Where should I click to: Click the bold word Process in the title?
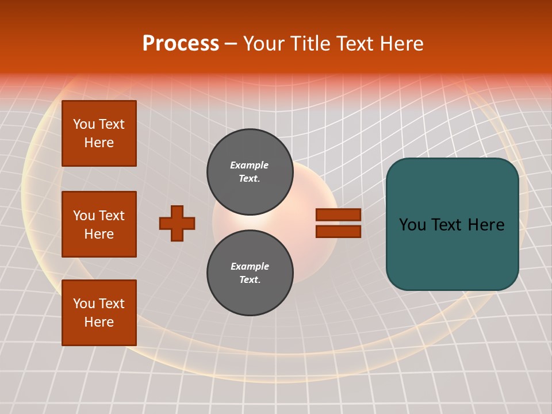click(181, 44)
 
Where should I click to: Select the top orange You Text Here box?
click(99, 133)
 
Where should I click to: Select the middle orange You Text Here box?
click(99, 224)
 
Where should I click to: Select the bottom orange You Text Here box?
click(99, 313)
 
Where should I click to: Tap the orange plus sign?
click(177, 223)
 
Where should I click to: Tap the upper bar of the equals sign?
click(338, 214)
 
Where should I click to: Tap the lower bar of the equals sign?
click(338, 231)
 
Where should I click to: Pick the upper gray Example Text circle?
click(250, 171)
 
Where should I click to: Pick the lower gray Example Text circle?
click(250, 273)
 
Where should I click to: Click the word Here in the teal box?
click(486, 225)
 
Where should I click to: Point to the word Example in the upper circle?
click(249, 165)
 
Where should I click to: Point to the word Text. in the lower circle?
click(250, 279)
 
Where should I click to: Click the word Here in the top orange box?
click(99, 143)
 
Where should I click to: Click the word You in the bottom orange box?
click(84, 304)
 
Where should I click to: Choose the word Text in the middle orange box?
click(112, 216)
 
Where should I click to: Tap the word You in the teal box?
click(412, 225)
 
